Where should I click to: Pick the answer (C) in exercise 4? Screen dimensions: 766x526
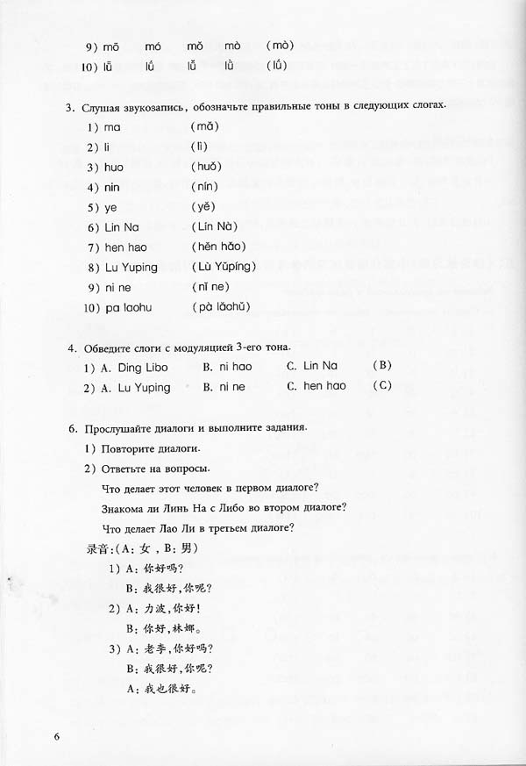coord(380,386)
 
